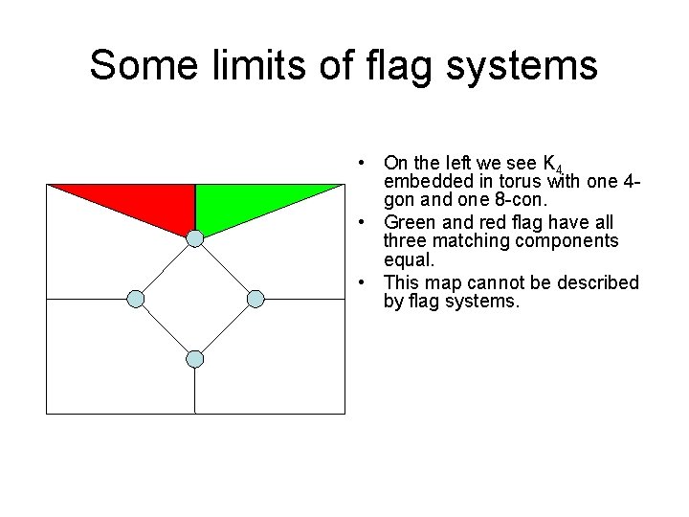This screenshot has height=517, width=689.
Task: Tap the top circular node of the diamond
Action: pos(195,238)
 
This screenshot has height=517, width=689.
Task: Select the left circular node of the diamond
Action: pos(136,299)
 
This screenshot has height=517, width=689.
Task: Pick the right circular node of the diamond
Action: pos(255,299)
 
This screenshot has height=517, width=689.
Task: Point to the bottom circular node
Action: pos(195,359)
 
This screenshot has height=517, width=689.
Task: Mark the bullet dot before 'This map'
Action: pos(367,283)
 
